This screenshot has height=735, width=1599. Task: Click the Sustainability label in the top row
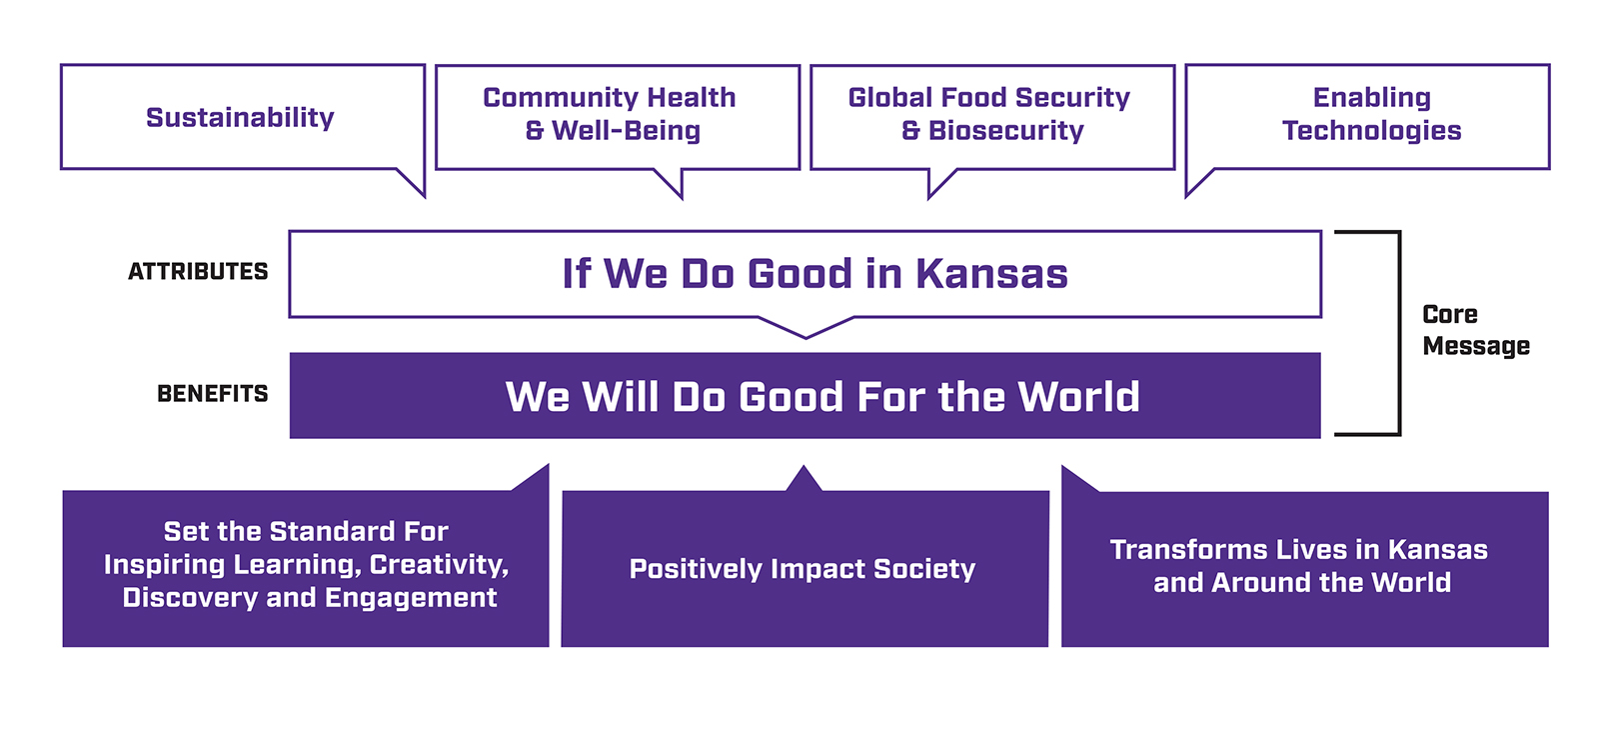[x=240, y=118]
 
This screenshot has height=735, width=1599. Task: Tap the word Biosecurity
[x=1005, y=131]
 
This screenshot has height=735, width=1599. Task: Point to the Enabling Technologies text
[x=1371, y=114]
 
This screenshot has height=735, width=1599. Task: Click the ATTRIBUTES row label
[x=198, y=272]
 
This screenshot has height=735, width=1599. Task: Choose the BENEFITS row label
[x=212, y=394]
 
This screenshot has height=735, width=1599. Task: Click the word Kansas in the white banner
[x=991, y=274]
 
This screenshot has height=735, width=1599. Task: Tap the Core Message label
[x=1475, y=330]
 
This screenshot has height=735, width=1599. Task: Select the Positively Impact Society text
[x=802, y=569]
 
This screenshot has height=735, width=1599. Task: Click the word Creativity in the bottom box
[x=439, y=565]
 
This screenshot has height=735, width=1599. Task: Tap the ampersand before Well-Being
[x=535, y=131]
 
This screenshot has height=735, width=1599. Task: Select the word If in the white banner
[x=577, y=274]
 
